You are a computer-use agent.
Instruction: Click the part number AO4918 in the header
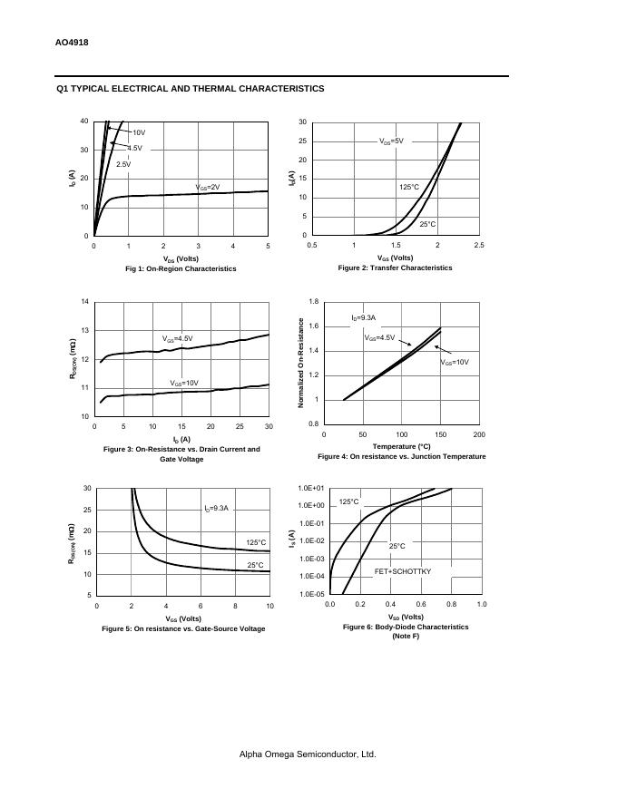[72, 43]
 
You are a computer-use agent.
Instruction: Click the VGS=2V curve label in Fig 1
[208, 188]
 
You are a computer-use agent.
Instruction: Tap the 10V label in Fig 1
[139, 132]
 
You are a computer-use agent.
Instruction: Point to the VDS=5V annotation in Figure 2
[391, 141]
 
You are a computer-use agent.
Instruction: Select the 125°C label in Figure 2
[409, 188]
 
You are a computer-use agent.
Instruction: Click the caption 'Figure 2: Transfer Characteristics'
[395, 268]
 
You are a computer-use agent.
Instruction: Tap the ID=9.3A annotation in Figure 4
[363, 318]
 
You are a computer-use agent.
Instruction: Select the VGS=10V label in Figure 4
[455, 363]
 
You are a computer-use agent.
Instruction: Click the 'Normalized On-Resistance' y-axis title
[301, 362]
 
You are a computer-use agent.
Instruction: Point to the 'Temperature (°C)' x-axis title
[401, 446]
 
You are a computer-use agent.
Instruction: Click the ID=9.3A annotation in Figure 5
[219, 509]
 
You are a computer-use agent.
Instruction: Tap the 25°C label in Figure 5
[256, 565]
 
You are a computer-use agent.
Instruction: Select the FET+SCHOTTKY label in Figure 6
[403, 572]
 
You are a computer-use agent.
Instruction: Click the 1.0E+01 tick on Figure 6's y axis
[311, 488]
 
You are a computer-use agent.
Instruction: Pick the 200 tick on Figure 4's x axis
[479, 435]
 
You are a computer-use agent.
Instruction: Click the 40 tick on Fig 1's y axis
[84, 122]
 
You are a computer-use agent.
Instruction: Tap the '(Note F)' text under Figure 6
[406, 637]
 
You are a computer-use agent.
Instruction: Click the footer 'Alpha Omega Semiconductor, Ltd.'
[308, 754]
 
